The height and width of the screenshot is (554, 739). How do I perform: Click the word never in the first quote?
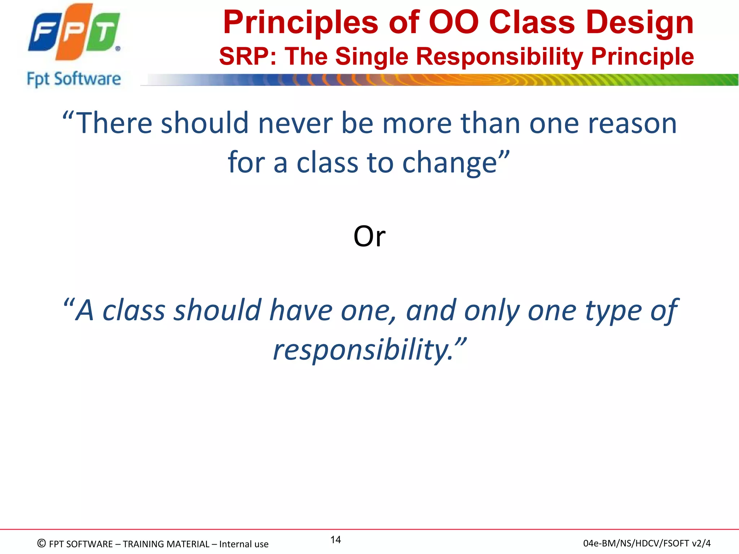pos(295,123)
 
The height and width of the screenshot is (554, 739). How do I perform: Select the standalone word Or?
pos(369,237)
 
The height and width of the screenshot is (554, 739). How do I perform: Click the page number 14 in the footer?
pos(336,540)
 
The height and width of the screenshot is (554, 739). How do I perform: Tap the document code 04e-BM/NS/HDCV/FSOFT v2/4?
pos(647,543)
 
